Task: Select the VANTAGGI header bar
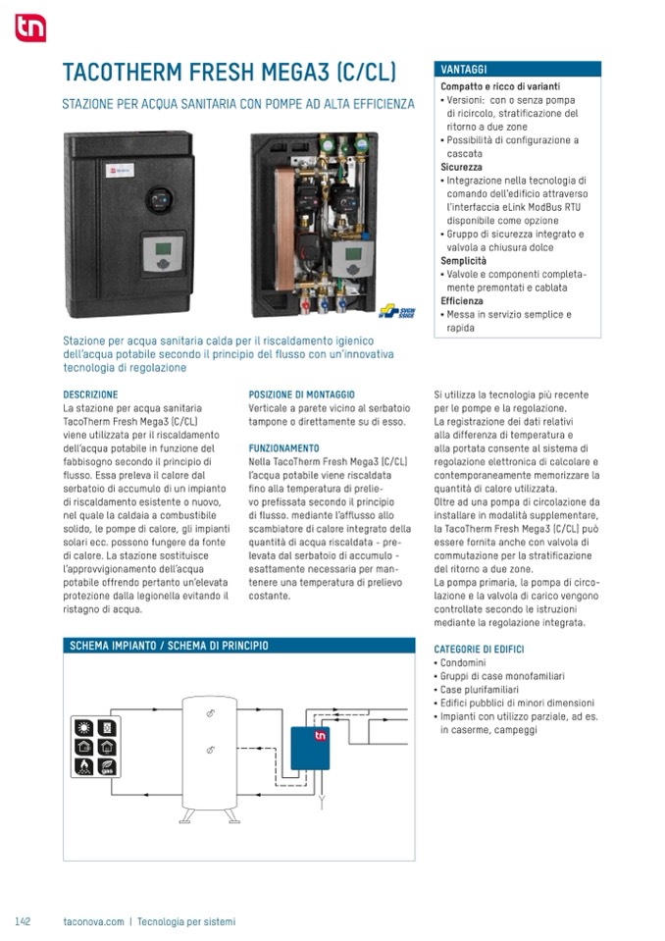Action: tap(517, 70)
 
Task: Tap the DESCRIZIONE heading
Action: tap(90, 394)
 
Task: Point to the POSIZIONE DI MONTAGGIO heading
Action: tap(301, 394)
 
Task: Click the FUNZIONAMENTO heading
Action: tap(283, 447)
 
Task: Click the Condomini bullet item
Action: tap(462, 663)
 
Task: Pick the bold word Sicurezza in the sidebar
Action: tap(461, 168)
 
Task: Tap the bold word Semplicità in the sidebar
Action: tap(463, 261)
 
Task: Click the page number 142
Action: tap(24, 921)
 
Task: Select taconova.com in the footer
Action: tap(93, 921)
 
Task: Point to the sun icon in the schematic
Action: tap(84, 729)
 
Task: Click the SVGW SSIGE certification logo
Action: tap(397, 313)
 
